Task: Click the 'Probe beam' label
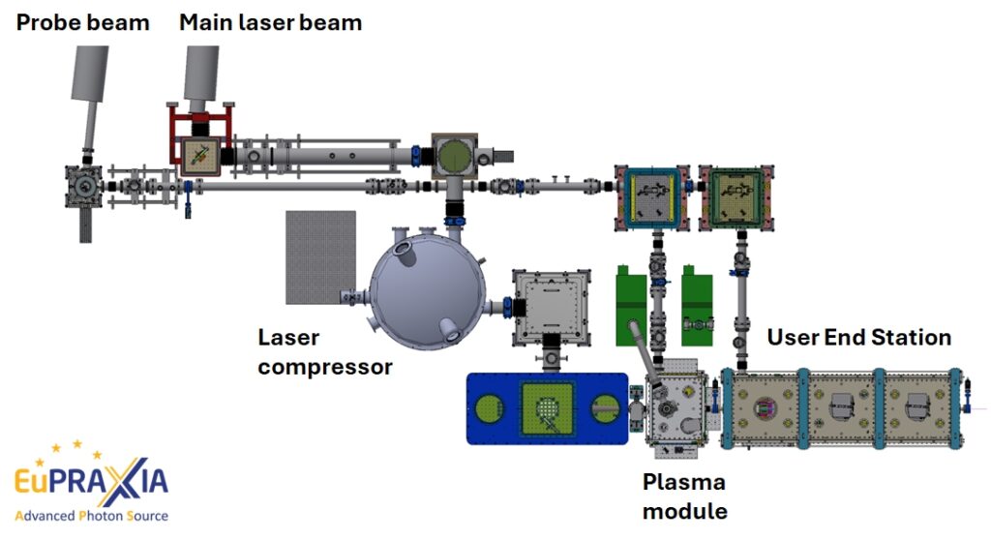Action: coord(82,21)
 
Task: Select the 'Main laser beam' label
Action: coord(270,21)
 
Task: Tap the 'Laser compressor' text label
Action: coord(325,352)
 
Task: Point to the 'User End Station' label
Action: coord(858,337)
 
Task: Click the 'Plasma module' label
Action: coord(684,496)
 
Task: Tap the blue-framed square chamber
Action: coord(649,199)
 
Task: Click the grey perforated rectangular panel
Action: coord(320,256)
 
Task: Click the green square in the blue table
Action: coord(548,407)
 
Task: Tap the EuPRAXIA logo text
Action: coord(91,480)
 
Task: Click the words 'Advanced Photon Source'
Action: coord(91,516)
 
